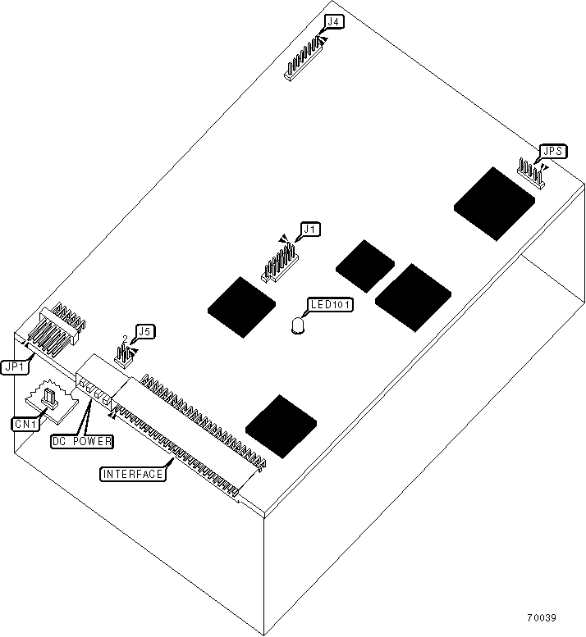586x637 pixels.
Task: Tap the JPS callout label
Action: [x=551, y=152]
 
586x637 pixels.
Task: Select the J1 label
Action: [x=309, y=230]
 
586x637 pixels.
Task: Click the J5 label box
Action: [x=144, y=331]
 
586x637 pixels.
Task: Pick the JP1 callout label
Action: [x=15, y=368]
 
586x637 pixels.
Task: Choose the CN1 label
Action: [x=24, y=424]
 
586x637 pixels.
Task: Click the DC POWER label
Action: [x=81, y=440]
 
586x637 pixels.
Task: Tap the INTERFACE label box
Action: [x=132, y=473]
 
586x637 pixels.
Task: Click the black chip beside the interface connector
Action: [x=284, y=425]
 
